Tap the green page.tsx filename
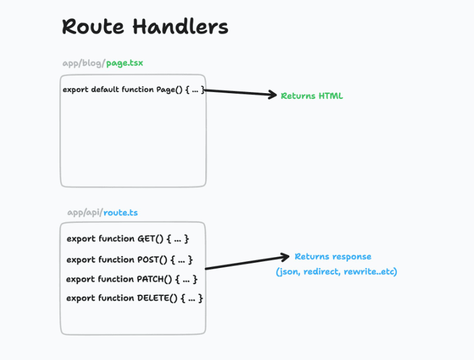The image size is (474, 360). (125, 63)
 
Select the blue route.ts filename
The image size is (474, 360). (120, 213)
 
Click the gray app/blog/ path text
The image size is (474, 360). (84, 63)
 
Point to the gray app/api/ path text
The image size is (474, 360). (85, 213)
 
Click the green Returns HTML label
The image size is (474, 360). (312, 96)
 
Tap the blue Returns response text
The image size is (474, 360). (333, 257)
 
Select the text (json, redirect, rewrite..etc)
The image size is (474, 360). (336, 271)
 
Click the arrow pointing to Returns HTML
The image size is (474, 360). (240, 93)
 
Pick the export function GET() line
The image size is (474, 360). (128, 238)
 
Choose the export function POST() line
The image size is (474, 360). (129, 259)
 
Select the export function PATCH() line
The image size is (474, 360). (132, 279)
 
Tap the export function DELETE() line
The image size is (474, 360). (134, 298)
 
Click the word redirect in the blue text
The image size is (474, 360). (321, 271)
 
